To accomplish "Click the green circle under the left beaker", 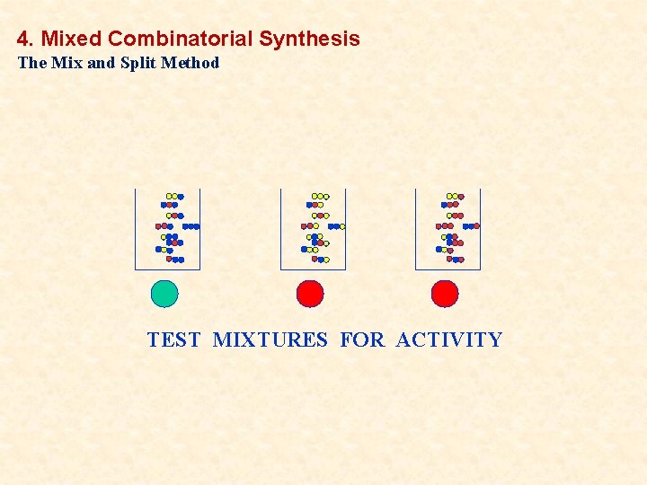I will tap(164, 294).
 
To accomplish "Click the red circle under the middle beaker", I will tap(310, 294).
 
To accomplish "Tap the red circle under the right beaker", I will tap(445, 294).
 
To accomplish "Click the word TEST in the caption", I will tap(173, 339).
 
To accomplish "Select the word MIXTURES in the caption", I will tap(270, 339).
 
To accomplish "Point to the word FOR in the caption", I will tap(362, 339).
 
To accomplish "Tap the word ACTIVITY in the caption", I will tap(448, 339).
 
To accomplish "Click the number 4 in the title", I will tap(23, 39).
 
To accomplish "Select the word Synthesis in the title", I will tap(309, 39).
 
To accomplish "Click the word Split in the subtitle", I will tap(137, 63).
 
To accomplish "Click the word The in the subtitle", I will tap(31, 63).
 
